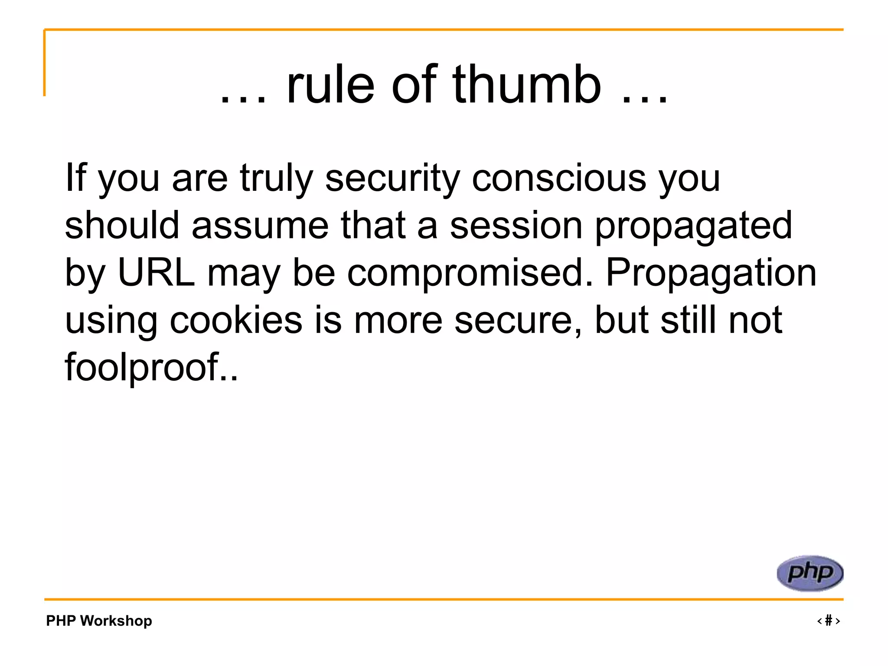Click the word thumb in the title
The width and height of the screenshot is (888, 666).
(x=526, y=85)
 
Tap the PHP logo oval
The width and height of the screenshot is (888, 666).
(x=810, y=573)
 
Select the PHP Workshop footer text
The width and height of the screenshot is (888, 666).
(x=99, y=620)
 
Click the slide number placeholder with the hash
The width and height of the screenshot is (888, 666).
(x=828, y=620)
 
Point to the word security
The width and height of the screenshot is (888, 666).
(x=392, y=179)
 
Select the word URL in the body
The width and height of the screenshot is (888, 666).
(x=156, y=273)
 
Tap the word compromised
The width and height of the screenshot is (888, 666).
(x=470, y=273)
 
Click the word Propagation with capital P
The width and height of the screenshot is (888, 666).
(x=711, y=273)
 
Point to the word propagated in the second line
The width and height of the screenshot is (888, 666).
(x=693, y=225)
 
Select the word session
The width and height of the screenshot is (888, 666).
(x=516, y=225)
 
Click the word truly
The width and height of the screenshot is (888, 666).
(x=276, y=179)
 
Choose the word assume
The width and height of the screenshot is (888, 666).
(x=260, y=225)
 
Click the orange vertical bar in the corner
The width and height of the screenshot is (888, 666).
(x=44, y=63)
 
